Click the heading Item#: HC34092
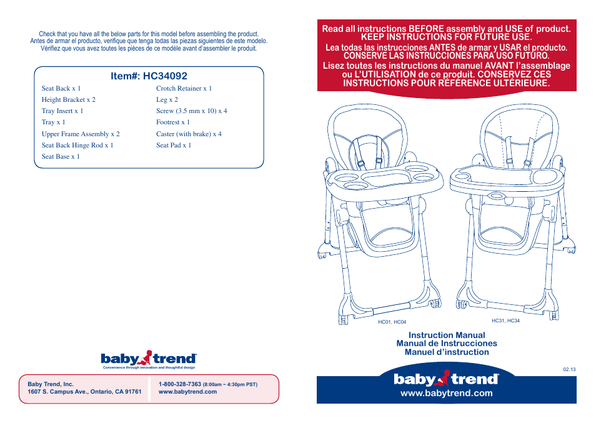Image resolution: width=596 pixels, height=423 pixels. [148, 76]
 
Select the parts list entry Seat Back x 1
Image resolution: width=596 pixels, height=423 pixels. [61, 89]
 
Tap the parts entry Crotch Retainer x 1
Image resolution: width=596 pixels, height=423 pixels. [184, 89]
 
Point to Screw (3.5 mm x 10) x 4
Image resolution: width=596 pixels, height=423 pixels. [191, 111]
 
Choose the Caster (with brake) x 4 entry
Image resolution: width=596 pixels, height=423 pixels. [189, 134]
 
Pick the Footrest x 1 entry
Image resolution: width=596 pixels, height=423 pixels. [173, 122]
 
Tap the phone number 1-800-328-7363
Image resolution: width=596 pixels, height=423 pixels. [180, 384]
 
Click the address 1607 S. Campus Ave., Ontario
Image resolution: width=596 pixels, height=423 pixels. [84, 392]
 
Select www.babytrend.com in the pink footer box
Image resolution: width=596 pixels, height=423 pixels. [187, 392]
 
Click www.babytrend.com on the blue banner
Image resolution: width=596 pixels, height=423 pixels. [446, 393]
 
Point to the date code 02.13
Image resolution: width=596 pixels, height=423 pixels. [569, 369]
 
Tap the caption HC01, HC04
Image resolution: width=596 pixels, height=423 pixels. [392, 322]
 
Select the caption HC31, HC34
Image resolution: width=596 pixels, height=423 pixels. [505, 321]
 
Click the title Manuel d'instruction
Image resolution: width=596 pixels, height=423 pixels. [446, 352]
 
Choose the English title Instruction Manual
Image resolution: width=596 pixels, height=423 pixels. [446, 335]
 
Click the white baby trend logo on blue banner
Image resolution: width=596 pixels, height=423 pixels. [446, 379]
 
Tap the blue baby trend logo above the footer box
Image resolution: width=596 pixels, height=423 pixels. [149, 359]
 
